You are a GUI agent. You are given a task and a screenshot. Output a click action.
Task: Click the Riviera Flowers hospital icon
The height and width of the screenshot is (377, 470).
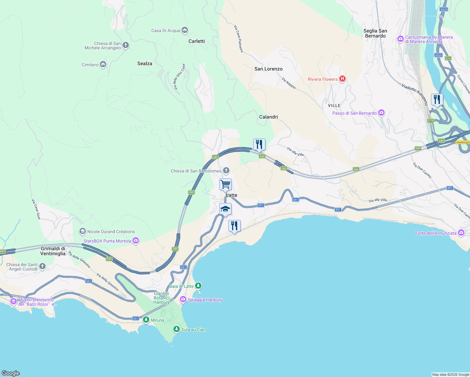[x=342, y=79]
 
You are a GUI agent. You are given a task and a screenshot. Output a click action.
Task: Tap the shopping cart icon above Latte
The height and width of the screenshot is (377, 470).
[x=225, y=184]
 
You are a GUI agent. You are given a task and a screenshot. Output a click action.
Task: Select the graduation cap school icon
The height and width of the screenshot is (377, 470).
[x=225, y=209]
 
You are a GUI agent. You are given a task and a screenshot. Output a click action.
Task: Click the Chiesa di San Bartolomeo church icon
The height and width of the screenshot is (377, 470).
[x=226, y=171]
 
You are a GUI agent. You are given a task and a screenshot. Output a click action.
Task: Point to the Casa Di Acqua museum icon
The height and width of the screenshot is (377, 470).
[x=185, y=30]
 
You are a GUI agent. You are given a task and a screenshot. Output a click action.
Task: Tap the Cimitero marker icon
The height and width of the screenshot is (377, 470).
[x=103, y=64]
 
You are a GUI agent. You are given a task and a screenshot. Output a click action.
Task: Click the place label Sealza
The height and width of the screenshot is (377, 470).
[x=145, y=63]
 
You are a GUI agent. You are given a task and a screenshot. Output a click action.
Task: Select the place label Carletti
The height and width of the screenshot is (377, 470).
[x=197, y=41]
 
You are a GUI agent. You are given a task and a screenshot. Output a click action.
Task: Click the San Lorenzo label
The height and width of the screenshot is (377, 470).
[x=268, y=69]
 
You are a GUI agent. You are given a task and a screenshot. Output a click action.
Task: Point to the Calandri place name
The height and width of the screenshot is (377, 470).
[x=268, y=117]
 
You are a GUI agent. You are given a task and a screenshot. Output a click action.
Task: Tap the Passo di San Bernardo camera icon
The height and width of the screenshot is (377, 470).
[x=381, y=113]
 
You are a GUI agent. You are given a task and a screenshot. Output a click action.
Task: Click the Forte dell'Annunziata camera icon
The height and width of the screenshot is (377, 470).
[x=461, y=233]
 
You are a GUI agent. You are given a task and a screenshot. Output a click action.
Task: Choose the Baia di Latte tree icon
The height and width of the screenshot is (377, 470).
[x=198, y=286]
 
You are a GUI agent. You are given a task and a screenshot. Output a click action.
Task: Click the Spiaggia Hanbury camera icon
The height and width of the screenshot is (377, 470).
[x=183, y=299]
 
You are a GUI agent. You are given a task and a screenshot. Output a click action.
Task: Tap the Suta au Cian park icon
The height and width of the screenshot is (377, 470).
[x=177, y=329]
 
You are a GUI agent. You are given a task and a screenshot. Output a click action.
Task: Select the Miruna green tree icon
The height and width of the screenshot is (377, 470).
[x=146, y=320]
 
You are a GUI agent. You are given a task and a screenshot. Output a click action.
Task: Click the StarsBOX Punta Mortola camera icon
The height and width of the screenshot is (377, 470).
[x=136, y=241]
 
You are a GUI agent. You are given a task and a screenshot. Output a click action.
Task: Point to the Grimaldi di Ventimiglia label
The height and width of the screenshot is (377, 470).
[x=53, y=251]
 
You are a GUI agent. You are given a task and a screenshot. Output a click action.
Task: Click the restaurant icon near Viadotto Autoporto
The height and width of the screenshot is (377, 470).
[x=437, y=100]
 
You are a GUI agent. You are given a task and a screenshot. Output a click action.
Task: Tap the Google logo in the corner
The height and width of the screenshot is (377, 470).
[x=11, y=373]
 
